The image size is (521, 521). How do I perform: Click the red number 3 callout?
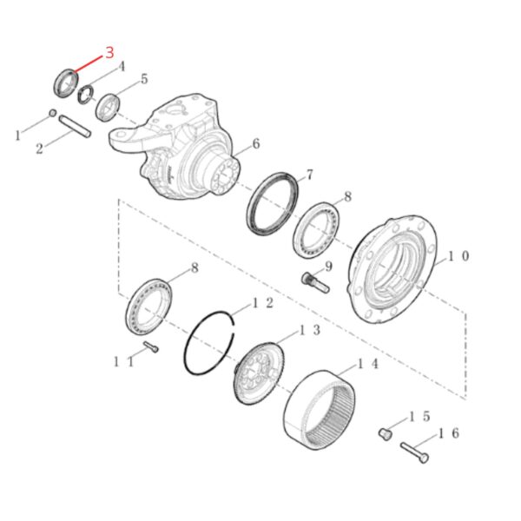(x=109, y=52)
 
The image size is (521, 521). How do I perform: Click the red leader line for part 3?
(x=88, y=64)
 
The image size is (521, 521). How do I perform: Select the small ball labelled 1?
(x=52, y=113)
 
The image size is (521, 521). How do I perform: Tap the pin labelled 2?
(x=75, y=126)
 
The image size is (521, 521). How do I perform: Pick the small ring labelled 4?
(x=86, y=95)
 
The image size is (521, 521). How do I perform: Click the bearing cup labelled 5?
(x=108, y=108)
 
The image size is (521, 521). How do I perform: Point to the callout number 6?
(x=256, y=144)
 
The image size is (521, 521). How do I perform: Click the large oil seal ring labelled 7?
(x=274, y=204)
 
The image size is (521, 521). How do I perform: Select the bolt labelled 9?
(x=315, y=282)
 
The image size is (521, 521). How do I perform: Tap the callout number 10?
(x=458, y=256)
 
